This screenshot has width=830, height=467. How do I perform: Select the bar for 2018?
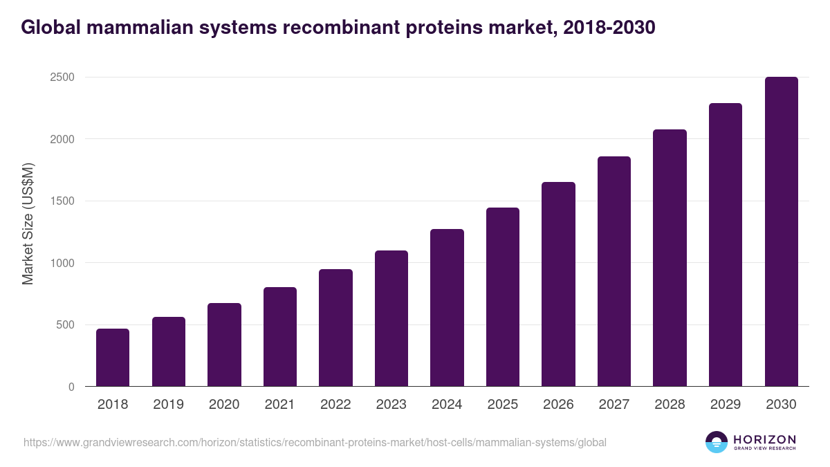(113, 358)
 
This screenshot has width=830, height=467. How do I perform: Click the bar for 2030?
(781, 232)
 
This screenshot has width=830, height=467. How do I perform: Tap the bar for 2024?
(447, 308)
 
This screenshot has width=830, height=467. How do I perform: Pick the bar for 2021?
(280, 337)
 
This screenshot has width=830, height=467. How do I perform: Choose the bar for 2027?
(614, 271)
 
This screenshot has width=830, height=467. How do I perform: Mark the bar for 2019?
(169, 351)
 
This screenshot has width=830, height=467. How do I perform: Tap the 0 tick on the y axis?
(71, 387)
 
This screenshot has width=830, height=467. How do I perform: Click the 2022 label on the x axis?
(335, 405)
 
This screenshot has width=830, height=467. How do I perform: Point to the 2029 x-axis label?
(726, 405)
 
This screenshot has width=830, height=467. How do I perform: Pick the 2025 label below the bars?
(503, 405)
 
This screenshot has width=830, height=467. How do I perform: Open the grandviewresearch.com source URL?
(315, 442)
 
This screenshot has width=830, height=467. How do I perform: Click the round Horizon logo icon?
(717, 442)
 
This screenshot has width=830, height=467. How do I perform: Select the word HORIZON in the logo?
(764, 439)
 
